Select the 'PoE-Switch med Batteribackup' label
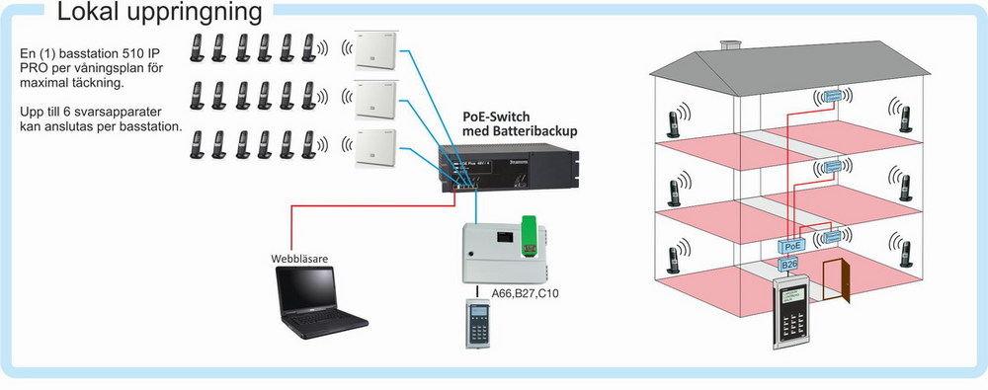(x=520, y=123)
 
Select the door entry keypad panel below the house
(x=796, y=315)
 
